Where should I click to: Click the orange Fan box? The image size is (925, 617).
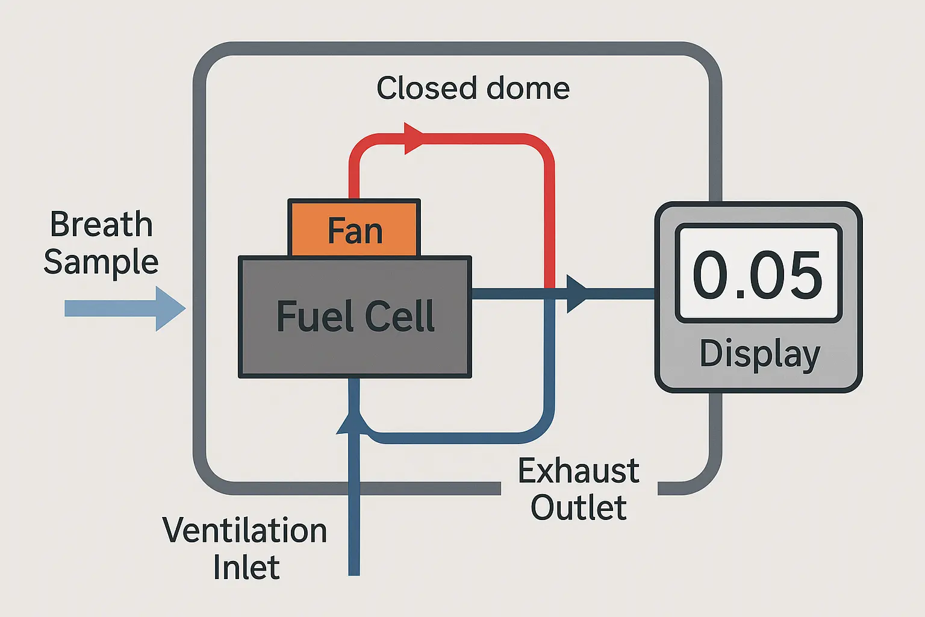[355, 229]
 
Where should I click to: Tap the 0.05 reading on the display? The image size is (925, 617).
[758, 275]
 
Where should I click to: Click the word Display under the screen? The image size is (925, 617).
[759, 354]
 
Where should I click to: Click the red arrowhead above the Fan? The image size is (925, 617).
[413, 138]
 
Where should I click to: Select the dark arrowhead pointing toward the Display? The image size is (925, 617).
[576, 294]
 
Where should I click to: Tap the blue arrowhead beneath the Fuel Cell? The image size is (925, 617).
[350, 419]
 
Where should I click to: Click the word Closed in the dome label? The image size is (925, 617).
[426, 89]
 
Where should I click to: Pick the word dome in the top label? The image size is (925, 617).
[528, 89]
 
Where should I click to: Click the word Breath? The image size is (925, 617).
[101, 224]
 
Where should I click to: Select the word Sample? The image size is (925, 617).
[101, 263]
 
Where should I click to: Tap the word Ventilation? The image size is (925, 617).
[244, 531]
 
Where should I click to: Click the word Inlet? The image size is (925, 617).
[246, 568]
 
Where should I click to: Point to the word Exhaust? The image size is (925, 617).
[578, 471]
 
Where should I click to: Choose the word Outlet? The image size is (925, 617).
[578, 507]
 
